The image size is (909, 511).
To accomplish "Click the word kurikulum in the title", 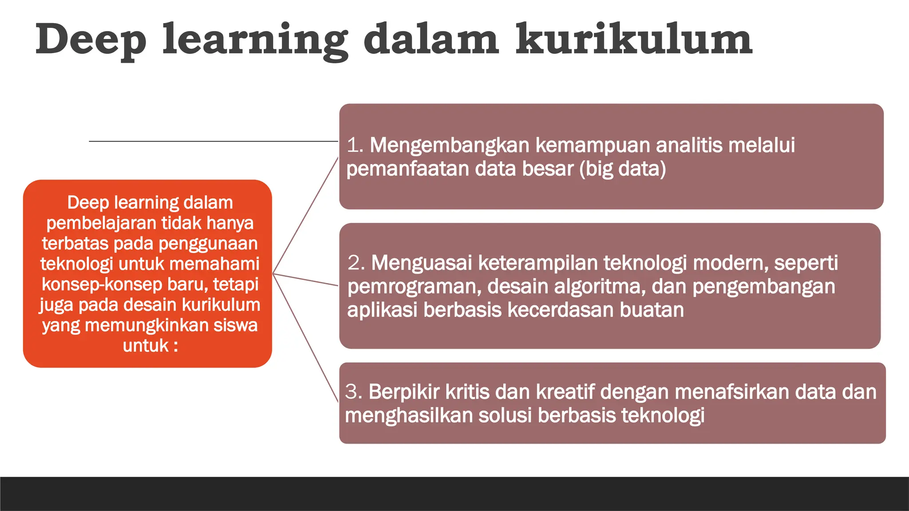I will pyautogui.click(x=633, y=40).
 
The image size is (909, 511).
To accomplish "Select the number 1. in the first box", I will pyautogui.click(x=355, y=145).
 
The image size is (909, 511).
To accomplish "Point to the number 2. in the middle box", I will pyautogui.click(x=356, y=263).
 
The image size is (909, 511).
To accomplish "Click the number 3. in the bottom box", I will pyautogui.click(x=354, y=392).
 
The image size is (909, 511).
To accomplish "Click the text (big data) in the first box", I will pyautogui.click(x=622, y=169).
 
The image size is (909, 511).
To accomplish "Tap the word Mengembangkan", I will pyautogui.click(x=450, y=145).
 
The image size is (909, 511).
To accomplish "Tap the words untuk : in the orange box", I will pyautogui.click(x=150, y=346).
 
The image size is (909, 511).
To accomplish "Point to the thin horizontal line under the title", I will pyautogui.click(x=213, y=141).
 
